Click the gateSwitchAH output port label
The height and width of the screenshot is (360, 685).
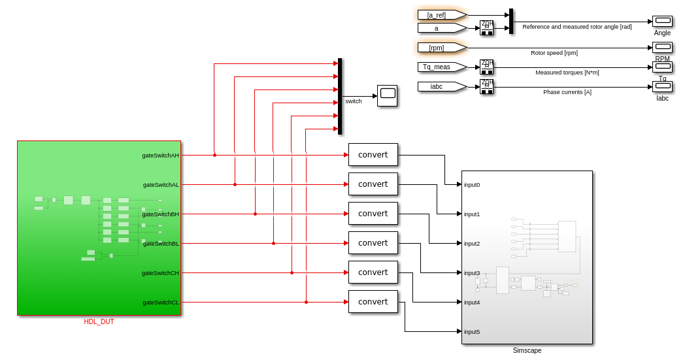click(160, 155)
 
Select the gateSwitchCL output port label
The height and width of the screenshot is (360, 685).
click(160, 303)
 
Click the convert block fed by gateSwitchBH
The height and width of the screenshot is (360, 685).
click(373, 214)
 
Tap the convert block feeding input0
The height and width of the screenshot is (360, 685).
click(373, 155)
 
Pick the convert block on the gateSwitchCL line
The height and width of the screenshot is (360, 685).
click(373, 302)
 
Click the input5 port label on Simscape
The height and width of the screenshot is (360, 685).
click(472, 332)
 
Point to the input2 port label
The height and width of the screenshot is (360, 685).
click(472, 244)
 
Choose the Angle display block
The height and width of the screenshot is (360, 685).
click(662, 21)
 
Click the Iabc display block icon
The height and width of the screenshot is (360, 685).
click(662, 86)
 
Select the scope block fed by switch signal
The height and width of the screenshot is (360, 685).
click(387, 95)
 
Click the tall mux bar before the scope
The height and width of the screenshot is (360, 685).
click(340, 96)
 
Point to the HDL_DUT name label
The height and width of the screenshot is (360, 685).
click(99, 321)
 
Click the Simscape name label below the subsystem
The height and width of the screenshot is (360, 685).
click(527, 351)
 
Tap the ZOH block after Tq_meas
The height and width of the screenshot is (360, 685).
click(486, 67)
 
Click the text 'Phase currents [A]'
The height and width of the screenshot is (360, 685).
click(567, 92)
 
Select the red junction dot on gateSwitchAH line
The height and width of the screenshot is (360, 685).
click(214, 155)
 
